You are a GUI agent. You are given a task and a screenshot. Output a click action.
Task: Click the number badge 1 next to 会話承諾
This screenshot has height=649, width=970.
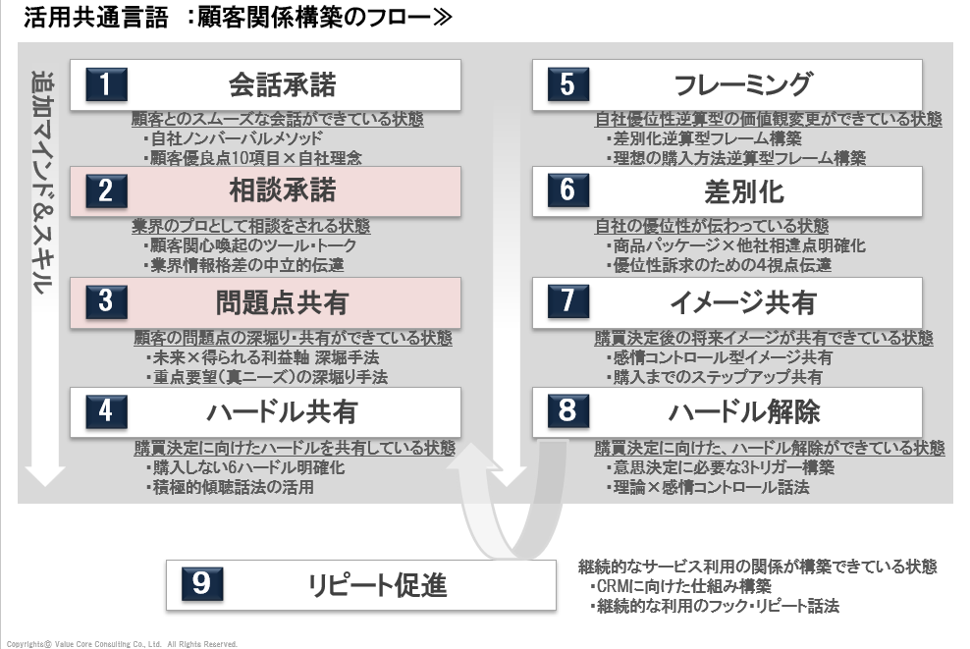pos(105,85)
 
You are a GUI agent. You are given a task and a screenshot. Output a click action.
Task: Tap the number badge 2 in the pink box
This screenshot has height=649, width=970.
pos(105,190)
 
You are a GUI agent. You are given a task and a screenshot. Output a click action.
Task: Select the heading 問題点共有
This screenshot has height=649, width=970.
pos(282,302)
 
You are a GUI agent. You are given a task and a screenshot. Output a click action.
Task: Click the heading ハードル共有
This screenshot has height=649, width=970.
pos(282,410)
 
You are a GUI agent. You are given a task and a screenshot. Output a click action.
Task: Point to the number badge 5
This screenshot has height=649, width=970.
pos(567,85)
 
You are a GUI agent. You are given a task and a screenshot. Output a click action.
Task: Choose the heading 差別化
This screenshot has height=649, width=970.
pos(743,190)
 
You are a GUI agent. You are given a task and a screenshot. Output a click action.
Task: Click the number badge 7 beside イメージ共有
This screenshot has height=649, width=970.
pos(567,300)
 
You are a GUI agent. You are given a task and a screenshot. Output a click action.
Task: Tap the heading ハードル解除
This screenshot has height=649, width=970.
pos(743,410)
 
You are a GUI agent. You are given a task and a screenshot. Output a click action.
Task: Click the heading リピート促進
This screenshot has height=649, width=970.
pos(377,586)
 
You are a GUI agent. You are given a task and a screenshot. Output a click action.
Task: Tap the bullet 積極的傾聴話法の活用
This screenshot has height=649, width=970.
pos(231,487)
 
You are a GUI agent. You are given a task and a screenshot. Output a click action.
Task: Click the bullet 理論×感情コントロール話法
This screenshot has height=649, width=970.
pos(707,487)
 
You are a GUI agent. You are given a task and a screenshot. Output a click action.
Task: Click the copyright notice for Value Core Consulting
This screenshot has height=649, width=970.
pos(118,644)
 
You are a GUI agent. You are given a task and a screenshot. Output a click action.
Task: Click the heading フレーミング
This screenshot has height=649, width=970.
pos(743,85)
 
